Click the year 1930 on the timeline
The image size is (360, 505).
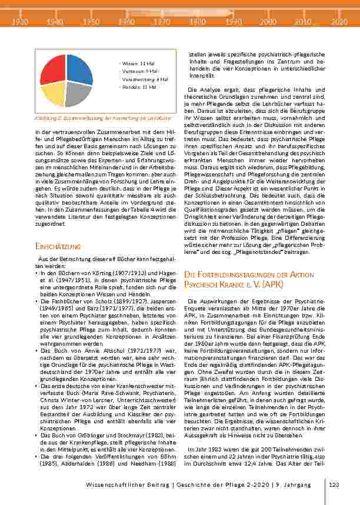click(21, 21)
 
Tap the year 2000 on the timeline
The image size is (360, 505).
click(268, 21)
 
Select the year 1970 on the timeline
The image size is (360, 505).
click(162, 21)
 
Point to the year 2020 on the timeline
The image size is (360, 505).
click(339, 21)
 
